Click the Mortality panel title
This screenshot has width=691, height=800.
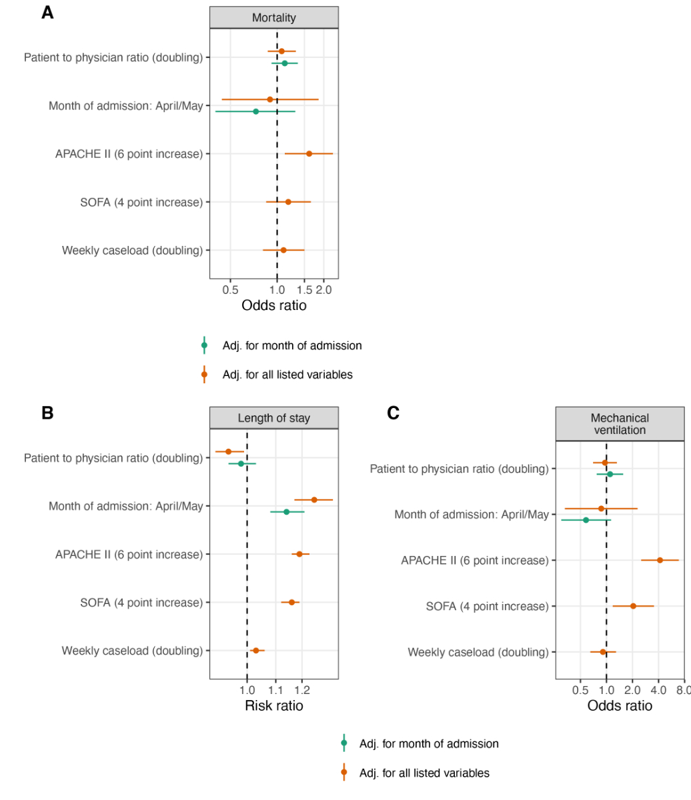point(274,18)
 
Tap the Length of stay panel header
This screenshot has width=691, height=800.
point(274,418)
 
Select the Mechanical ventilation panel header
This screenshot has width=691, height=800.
point(620,424)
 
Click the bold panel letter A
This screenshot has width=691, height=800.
point(47,13)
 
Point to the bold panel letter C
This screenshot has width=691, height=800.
point(393,413)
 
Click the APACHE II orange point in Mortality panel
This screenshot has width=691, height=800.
point(309,153)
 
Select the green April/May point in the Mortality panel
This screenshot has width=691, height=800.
point(255,111)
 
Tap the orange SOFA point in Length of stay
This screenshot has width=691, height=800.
point(291,602)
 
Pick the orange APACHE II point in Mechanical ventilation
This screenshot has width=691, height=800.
point(660,560)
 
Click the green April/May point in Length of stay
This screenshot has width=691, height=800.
point(287,512)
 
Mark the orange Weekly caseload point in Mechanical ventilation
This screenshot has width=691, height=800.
point(603,652)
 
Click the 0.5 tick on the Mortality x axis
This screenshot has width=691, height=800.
point(230,290)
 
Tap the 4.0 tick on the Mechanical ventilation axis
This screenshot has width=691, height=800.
point(658,690)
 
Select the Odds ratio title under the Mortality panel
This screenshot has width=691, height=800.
point(274,306)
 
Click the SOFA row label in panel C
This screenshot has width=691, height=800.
point(487,606)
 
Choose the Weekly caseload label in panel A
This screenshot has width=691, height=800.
point(132,250)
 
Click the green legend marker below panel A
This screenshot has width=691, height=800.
point(205,345)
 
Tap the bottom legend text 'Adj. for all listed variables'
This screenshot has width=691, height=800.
point(424,773)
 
